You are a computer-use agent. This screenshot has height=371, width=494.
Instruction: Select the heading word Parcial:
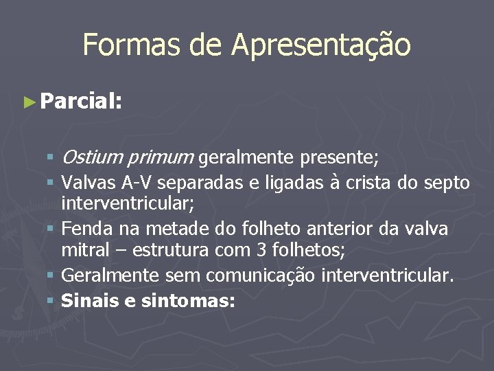tap(81, 102)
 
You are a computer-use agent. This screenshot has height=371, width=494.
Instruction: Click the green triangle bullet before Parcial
tap(28, 102)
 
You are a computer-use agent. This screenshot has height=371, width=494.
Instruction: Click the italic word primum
tap(160, 159)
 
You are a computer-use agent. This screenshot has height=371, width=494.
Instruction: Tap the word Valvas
tap(89, 183)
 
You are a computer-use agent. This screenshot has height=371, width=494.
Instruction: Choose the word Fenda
tap(86, 228)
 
